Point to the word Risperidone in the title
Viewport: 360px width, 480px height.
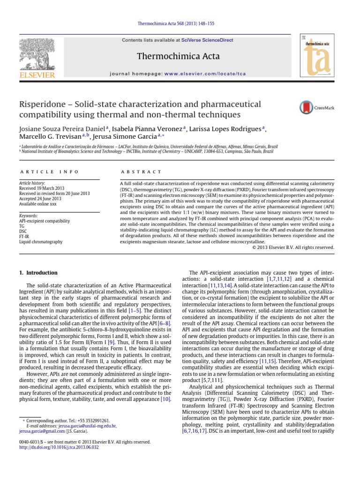[x=42, y=104]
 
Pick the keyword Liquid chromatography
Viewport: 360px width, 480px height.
[x=40, y=241]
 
